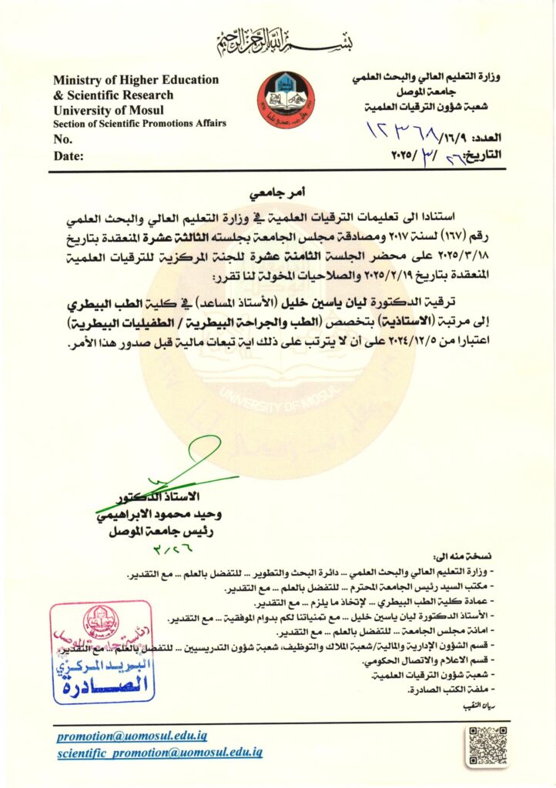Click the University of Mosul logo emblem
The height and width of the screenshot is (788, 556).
click(285, 101)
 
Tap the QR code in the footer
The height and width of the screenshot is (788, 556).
click(487, 746)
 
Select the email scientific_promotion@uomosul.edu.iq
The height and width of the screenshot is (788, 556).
click(159, 753)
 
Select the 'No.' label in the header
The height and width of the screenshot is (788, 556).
click(62, 139)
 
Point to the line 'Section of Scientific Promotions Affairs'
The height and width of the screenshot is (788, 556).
click(139, 124)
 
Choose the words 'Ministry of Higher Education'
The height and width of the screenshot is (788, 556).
click(136, 80)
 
